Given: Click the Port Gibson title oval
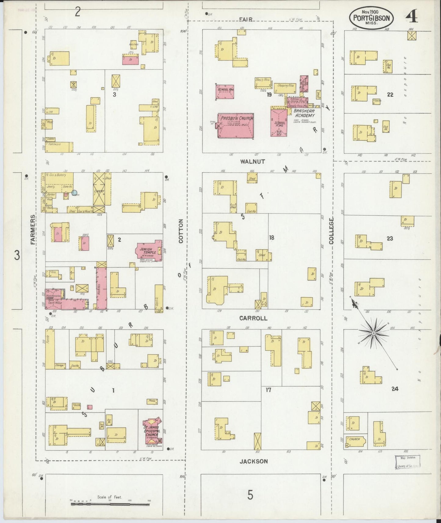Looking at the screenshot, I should point(371,18).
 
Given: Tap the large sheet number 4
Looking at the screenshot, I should point(411,17).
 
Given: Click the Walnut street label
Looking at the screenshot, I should point(252,161).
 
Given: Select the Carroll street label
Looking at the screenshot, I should point(253,318).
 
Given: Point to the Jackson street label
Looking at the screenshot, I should point(253,461).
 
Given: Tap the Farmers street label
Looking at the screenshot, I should point(33,230).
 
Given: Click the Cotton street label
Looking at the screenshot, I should point(181,231).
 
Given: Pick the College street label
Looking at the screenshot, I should point(331,231).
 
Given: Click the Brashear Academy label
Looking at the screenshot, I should point(304,114).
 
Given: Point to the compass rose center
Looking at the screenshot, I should point(373,333).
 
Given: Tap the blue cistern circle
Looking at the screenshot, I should point(74,193).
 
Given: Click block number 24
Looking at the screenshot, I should point(395,389).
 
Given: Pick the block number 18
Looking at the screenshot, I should point(272,237).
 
